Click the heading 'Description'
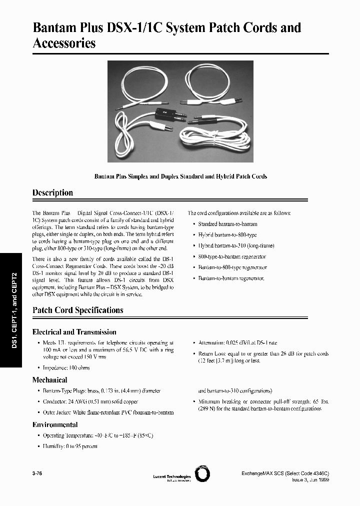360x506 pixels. [x=52, y=193]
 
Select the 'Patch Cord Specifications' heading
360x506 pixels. [x=77, y=310]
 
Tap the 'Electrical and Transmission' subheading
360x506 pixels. [x=74, y=332]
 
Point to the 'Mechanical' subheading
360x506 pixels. [x=49, y=380]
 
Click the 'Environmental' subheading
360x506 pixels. [x=55, y=424]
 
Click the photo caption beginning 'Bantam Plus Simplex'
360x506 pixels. [x=180, y=176]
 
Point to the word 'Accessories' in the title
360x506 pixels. [x=64, y=43]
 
